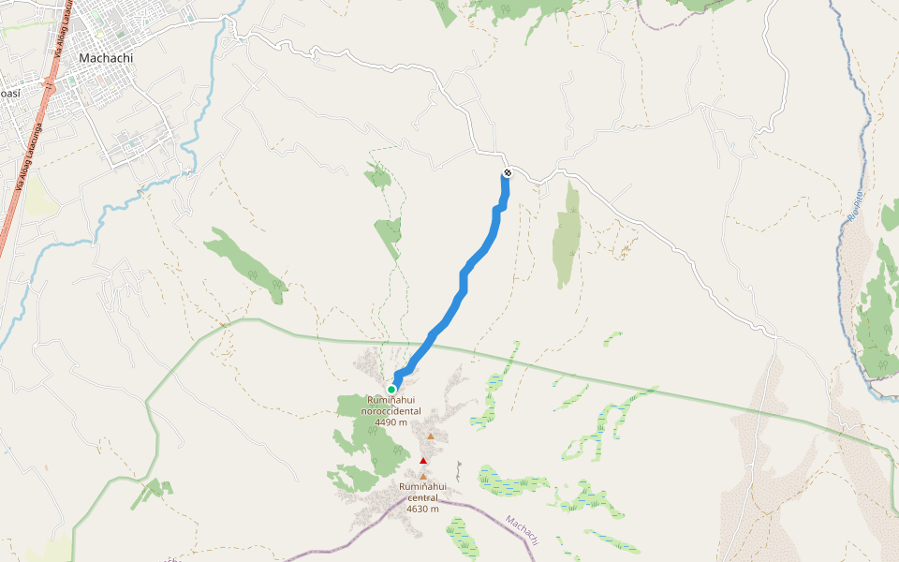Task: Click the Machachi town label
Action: click(106, 57)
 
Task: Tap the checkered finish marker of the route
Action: click(508, 172)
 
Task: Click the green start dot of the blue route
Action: click(391, 390)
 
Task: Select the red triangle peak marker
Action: click(423, 461)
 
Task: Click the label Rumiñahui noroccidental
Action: click(391, 406)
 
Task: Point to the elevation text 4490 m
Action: click(391, 422)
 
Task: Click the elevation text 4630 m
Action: click(423, 509)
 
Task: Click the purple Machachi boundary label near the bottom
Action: click(523, 531)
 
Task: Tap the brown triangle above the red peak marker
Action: click(431, 436)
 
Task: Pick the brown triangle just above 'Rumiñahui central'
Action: click(423, 476)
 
